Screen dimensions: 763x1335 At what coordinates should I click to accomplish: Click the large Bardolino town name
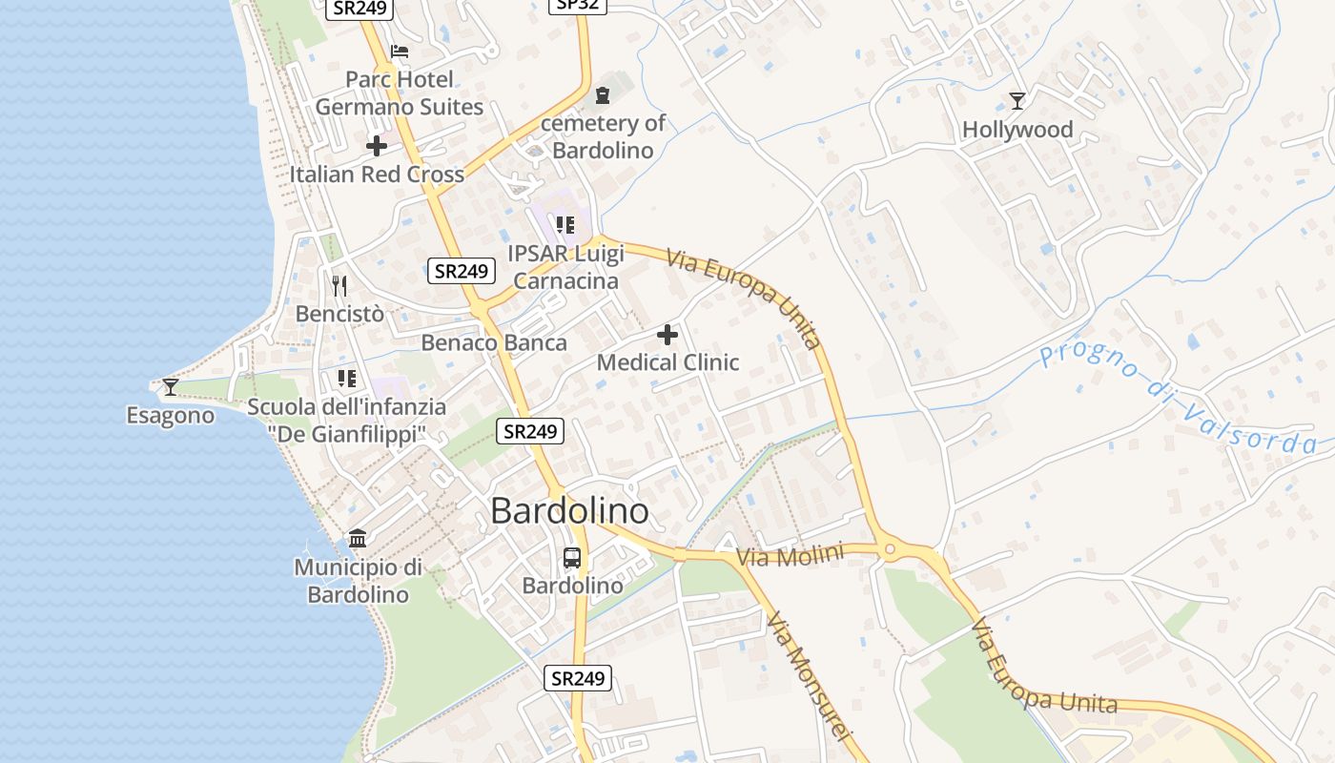coord(569,511)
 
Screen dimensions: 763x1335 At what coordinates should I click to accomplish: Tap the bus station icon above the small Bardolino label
coord(572,558)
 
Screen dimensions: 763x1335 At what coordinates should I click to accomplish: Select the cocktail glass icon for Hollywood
coord(1017,101)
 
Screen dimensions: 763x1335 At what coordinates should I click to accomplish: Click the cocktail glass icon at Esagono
coord(171,386)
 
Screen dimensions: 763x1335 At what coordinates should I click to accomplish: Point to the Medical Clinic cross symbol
coord(667,335)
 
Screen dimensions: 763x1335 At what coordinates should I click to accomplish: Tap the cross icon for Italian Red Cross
coord(377,147)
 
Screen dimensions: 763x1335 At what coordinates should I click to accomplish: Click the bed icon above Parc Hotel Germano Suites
coord(400,52)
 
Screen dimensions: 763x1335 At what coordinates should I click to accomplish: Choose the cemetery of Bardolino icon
coord(603,95)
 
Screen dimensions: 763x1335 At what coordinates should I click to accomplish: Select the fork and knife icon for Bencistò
coord(339,285)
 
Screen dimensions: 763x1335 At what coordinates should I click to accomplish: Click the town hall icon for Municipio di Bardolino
coord(358,539)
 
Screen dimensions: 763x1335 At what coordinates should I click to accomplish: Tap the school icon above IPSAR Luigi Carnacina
coord(565,225)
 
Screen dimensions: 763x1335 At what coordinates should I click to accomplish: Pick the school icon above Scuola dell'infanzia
coord(347,379)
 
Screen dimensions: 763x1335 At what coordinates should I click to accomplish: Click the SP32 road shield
coord(578,5)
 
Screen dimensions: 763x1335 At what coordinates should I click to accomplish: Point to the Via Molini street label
coord(791,556)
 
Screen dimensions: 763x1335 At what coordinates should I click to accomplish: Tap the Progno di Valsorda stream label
coord(1178,398)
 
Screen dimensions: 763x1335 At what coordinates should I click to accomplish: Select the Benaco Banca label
coord(494,342)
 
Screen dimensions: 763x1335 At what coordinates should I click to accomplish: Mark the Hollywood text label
coord(1017,130)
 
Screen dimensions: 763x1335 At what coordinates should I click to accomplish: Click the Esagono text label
coord(171,416)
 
